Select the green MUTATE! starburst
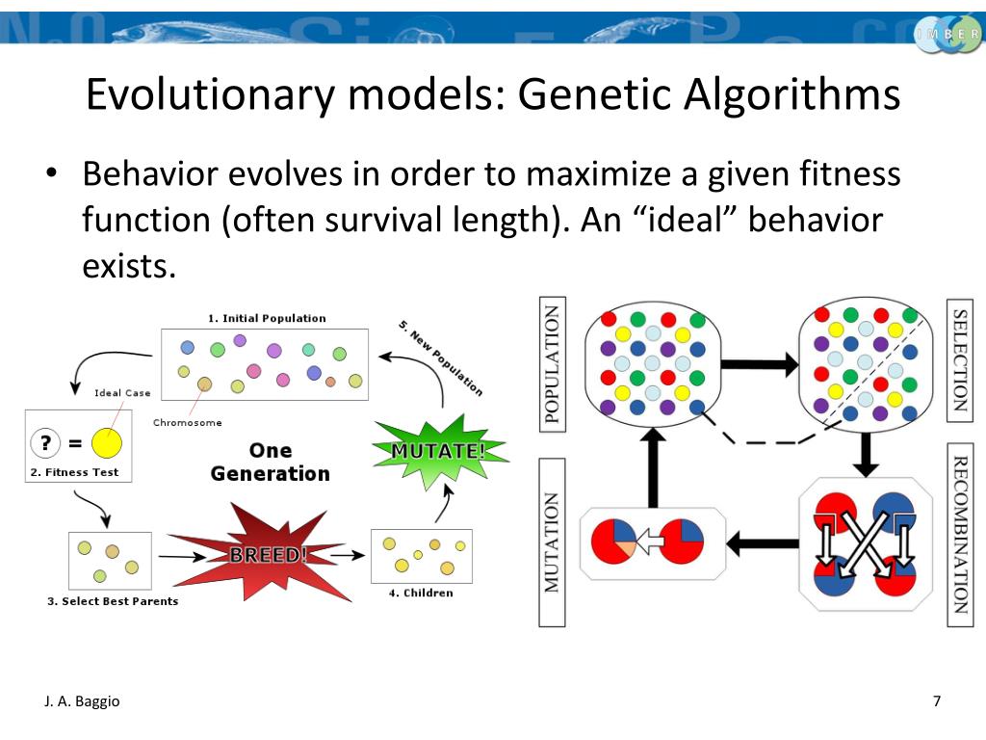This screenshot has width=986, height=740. [437, 451]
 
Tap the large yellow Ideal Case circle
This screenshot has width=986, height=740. [106, 443]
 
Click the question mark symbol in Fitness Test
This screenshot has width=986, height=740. [44, 443]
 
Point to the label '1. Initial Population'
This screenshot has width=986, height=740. [267, 318]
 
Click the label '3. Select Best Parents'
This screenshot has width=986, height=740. [113, 601]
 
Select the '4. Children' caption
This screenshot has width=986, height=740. [421, 593]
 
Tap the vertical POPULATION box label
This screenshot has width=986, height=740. [553, 364]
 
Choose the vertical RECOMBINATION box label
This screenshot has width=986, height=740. [960, 535]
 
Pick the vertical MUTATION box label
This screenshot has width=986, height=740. [553, 542]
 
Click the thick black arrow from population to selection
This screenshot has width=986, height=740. [760, 364]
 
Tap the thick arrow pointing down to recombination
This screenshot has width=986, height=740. [866, 453]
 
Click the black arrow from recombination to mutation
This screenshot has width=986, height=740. [762, 544]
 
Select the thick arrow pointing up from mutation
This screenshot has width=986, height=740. [653, 468]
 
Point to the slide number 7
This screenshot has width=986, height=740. [937, 700]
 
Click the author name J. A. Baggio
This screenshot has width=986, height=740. [82, 701]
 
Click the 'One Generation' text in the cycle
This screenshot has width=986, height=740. [270, 462]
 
